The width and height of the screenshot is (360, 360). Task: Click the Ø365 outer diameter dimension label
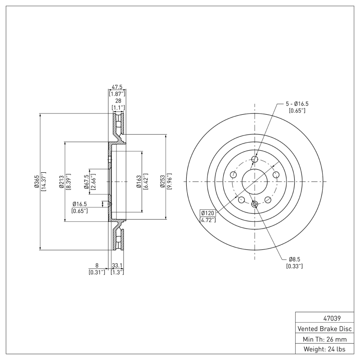coord(37,182)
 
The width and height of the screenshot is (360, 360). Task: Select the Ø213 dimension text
coord(61,182)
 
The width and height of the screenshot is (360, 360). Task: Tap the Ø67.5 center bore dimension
coord(86,182)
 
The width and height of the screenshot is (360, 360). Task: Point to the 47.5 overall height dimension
coord(117,87)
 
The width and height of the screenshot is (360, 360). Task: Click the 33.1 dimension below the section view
coord(117,266)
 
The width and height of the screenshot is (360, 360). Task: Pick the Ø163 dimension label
coord(139,182)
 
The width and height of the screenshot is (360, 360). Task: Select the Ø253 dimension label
coord(163,182)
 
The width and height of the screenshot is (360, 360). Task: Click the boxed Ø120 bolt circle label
coord(207,213)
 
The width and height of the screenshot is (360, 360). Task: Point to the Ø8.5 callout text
coord(295,260)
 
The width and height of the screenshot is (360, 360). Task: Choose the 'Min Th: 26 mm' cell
coord(324,339)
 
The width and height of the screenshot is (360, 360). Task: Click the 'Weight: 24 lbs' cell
coord(324,349)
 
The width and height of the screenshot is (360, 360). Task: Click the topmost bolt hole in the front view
coord(255,159)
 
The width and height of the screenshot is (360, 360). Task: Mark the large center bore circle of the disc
coord(255,182)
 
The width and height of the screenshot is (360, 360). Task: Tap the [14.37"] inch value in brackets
coord(44,182)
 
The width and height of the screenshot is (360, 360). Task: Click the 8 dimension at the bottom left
coord(97,266)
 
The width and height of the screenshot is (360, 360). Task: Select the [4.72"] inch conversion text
coord(207,220)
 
